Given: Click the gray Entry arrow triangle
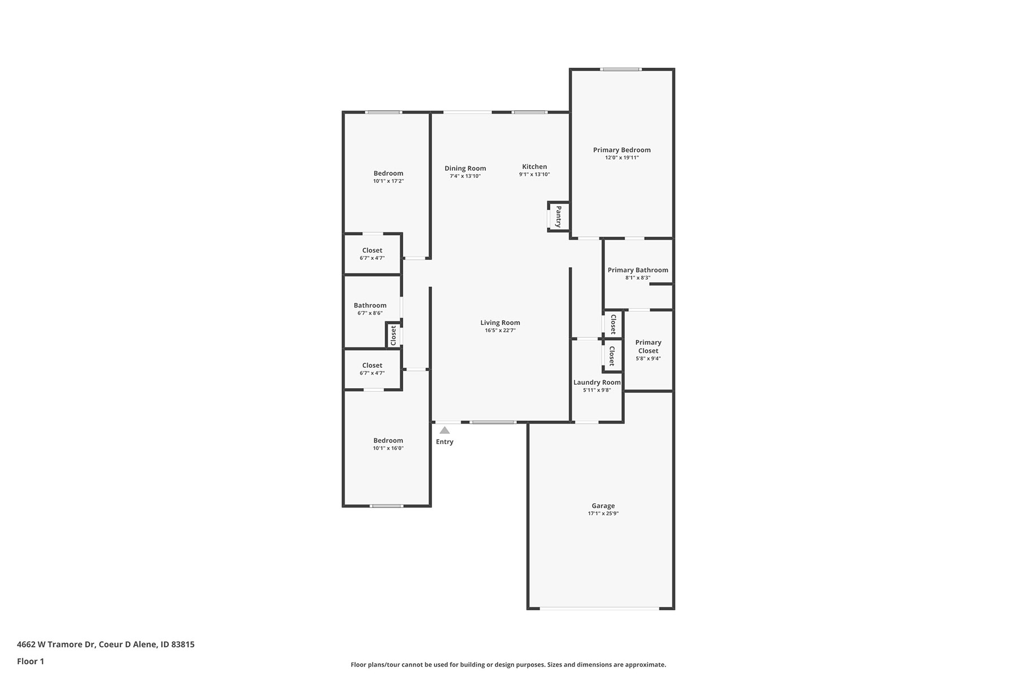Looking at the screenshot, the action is pyautogui.click(x=445, y=431).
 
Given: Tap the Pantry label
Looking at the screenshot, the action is pyautogui.click(x=559, y=217).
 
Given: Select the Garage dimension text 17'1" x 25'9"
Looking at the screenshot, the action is pyautogui.click(x=603, y=514).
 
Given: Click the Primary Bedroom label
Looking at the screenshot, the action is pyautogui.click(x=621, y=150).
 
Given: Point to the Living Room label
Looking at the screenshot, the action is pyautogui.click(x=500, y=323).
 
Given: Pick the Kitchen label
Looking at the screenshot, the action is pyautogui.click(x=534, y=167).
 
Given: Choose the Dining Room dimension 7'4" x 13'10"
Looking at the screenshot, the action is pyautogui.click(x=465, y=176).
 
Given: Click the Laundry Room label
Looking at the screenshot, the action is pyautogui.click(x=597, y=383).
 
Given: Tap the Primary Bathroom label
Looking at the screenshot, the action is pyautogui.click(x=638, y=270).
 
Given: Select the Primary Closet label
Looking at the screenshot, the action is pyautogui.click(x=648, y=346).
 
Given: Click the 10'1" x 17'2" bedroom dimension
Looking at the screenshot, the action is pyautogui.click(x=388, y=181).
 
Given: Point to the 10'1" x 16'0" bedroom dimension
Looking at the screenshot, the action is pyautogui.click(x=388, y=449).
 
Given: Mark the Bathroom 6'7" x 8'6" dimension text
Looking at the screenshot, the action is pyautogui.click(x=370, y=313).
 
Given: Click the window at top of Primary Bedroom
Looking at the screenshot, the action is pyautogui.click(x=621, y=69).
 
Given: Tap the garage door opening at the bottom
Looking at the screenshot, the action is pyautogui.click(x=599, y=609).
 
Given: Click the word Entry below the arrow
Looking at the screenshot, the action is pyautogui.click(x=445, y=442).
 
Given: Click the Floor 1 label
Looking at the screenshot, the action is pyautogui.click(x=31, y=661).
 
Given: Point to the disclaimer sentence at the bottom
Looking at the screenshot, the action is pyautogui.click(x=508, y=665).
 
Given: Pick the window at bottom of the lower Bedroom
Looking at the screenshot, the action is pyautogui.click(x=386, y=506).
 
